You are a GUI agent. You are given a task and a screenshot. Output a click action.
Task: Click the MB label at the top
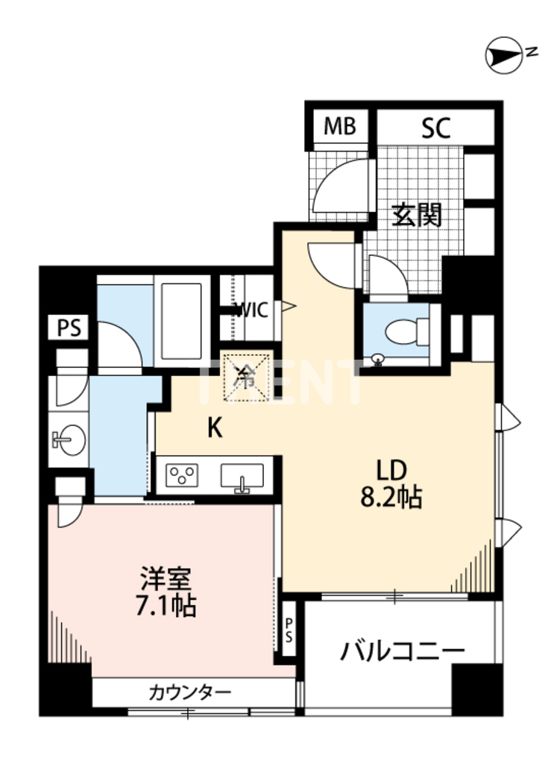point(339,128)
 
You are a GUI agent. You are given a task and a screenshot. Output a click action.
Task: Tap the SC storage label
point(435,128)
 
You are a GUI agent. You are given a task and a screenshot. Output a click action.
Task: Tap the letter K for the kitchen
point(215,427)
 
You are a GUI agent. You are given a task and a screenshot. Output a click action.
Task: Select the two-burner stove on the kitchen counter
point(183,475)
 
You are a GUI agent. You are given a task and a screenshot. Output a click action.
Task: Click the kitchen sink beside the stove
point(241,476)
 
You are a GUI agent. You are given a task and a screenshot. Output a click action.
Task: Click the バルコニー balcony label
point(403,651)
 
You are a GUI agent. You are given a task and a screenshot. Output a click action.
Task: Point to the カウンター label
point(190,692)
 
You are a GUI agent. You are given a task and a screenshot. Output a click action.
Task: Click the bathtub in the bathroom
point(183,321)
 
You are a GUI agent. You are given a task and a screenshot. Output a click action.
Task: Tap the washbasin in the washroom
point(69,441)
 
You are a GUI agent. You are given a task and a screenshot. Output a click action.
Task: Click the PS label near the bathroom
point(68,328)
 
